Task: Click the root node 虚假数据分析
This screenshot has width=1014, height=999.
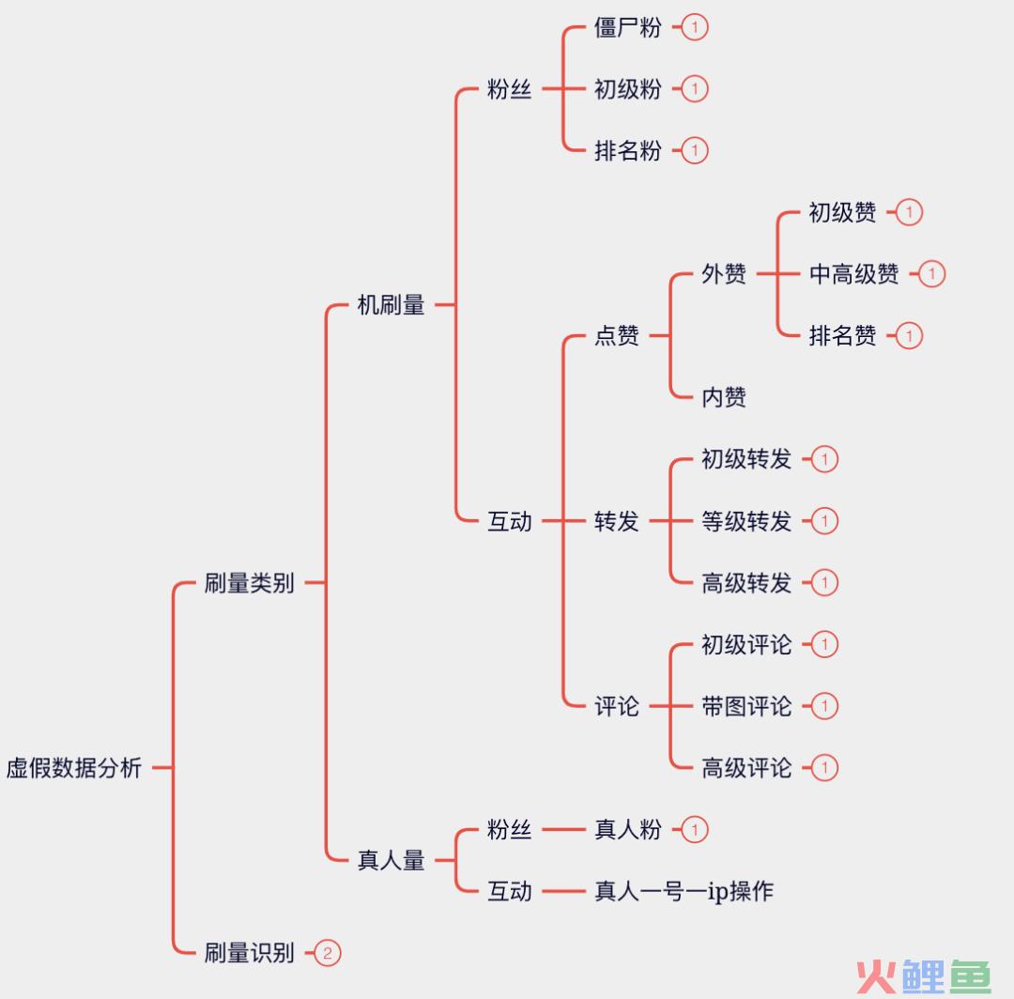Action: point(74,768)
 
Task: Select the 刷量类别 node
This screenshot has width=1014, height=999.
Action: point(249,583)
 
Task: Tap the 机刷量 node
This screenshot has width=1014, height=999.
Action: point(391,305)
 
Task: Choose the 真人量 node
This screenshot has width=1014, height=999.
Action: point(391,860)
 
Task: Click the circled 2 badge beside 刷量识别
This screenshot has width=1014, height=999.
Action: point(327,953)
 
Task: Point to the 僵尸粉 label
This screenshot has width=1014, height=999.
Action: point(627,27)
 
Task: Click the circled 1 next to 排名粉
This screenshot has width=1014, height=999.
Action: point(695,150)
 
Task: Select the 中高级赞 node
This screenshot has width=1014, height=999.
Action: point(853,274)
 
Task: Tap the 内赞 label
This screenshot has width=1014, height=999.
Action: point(724,397)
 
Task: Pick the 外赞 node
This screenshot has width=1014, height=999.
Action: point(724,274)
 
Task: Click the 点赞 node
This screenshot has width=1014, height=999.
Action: point(617,336)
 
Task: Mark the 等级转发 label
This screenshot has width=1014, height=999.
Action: point(746,521)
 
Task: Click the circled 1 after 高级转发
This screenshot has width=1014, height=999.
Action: point(824,583)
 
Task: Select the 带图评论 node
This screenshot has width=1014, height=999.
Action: point(746,706)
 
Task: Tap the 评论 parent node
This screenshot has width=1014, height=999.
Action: point(617,706)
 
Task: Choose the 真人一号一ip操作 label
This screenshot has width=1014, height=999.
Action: point(684,891)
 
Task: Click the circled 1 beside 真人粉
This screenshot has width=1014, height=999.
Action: point(695,830)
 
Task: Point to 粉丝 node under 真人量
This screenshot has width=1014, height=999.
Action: point(510,830)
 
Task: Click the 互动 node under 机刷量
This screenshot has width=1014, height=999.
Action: point(510,521)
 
